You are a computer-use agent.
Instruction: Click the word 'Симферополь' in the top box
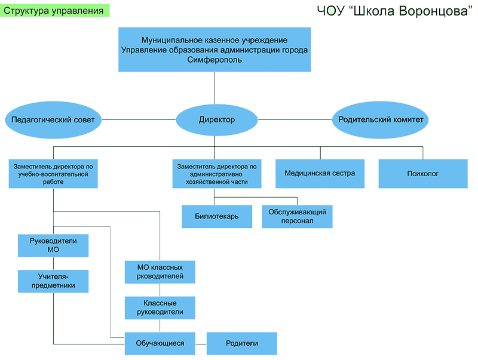pyautogui.click(x=215, y=60)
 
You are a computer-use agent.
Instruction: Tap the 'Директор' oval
pyautogui.click(x=216, y=120)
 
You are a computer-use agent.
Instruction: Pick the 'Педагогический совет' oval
pyautogui.click(x=53, y=120)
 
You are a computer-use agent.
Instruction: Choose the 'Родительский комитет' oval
pyautogui.click(x=381, y=120)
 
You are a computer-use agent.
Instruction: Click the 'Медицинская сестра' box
pyautogui.click(x=320, y=174)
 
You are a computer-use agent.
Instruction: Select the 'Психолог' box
pyautogui.click(x=423, y=174)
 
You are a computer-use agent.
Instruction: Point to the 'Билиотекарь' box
pyautogui.click(x=216, y=217)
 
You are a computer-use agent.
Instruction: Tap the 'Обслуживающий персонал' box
pyautogui.click(x=297, y=217)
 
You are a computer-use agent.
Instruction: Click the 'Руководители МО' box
pyautogui.click(x=53, y=245)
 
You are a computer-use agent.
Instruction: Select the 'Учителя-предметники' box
pyautogui.click(x=53, y=281)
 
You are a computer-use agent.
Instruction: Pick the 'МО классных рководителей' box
pyautogui.click(x=160, y=272)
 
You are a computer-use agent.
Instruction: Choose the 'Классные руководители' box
pyautogui.click(x=160, y=308)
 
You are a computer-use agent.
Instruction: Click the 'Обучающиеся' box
pyautogui.click(x=160, y=343)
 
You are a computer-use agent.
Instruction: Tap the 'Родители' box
pyautogui.click(x=241, y=343)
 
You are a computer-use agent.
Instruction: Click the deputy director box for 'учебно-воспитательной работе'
pyautogui.click(x=53, y=174)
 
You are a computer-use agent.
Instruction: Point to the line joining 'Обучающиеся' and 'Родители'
pyautogui.click(x=201, y=343)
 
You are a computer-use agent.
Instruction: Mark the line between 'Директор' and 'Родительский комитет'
pyautogui.click(x=295, y=120)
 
